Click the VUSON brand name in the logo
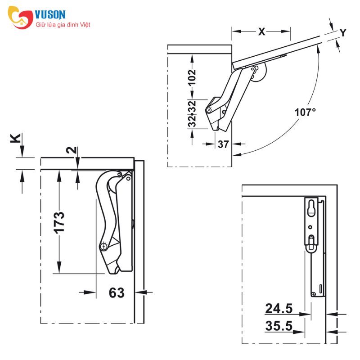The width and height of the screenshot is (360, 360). tap(50, 15)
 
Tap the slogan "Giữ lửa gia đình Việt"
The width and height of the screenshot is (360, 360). tap(63, 25)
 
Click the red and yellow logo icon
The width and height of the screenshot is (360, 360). tap(20, 18)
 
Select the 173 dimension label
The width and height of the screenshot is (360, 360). tap(59, 223)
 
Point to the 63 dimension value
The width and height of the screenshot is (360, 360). tap(117, 293)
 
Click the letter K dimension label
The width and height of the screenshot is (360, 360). tap(16, 139)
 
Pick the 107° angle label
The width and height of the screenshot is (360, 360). tap(305, 112)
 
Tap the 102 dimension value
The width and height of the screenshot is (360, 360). tap(192, 77)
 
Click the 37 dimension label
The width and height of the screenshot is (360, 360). tap(223, 144)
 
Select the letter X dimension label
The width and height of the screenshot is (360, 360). tap(262, 31)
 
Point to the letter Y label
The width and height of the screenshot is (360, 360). tap(343, 32)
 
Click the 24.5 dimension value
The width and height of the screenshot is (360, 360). tap(279, 308)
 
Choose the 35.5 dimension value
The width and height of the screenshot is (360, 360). tap(279, 326)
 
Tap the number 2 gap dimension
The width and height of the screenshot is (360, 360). tap(72, 150)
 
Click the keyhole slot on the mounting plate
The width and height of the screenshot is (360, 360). tap(311, 208)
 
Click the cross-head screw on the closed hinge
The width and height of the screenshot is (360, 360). tap(103, 247)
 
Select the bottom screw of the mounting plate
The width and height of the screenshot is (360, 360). tap(314, 294)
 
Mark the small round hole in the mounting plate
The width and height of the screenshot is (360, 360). tap(310, 227)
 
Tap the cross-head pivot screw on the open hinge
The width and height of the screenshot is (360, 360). tap(209, 110)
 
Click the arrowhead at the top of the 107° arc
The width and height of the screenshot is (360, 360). tap(318, 49)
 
